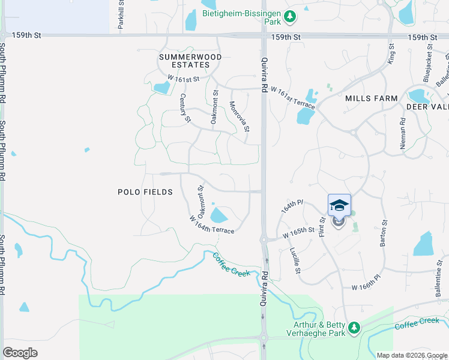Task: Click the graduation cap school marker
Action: coord(339,205)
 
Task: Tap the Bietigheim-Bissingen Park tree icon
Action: coord(291,16)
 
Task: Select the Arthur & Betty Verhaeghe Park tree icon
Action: coord(354,327)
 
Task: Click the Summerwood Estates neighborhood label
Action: coord(190,61)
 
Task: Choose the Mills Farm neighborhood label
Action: coord(371,98)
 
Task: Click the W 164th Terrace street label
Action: coord(211,225)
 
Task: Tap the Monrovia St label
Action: coord(239,116)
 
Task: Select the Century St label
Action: coord(185,109)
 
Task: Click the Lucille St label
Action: coord(295,261)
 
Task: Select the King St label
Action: coord(390,53)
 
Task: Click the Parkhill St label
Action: coord(121,15)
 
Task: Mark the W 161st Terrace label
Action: coord(292,97)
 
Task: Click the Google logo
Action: coord(20,352)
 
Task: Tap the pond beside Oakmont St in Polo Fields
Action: coord(220,215)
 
